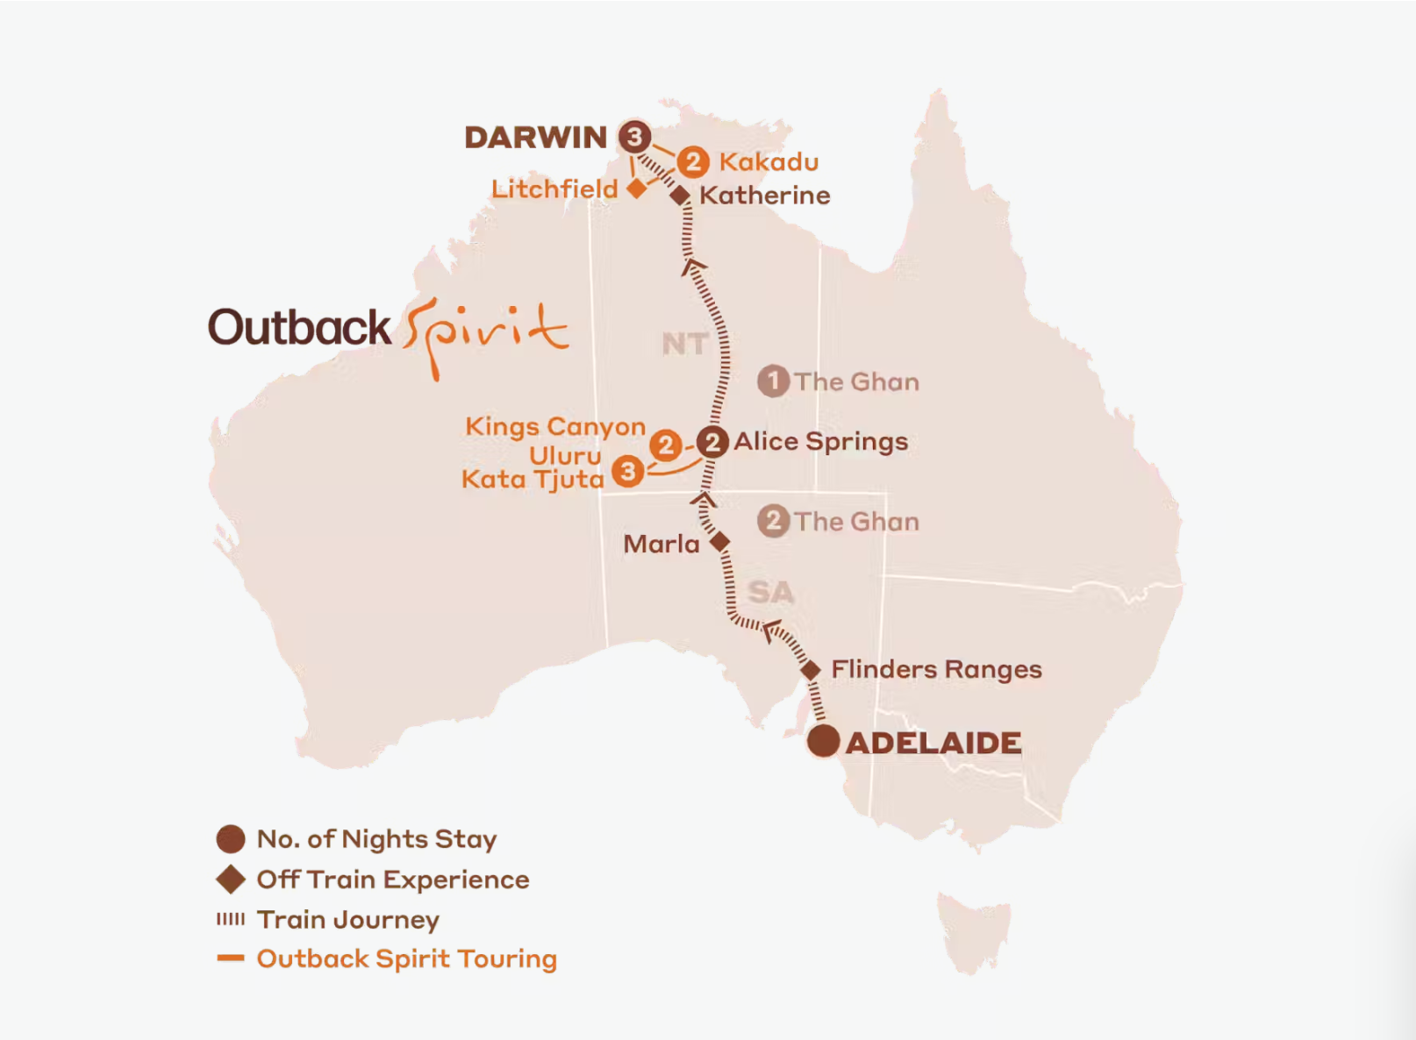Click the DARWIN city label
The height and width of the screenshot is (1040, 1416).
pyautogui.click(x=535, y=138)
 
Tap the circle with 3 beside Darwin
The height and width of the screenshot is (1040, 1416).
pyautogui.click(x=634, y=137)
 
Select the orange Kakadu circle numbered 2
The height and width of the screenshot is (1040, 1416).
pyautogui.click(x=693, y=161)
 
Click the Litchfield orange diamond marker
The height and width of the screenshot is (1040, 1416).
pyautogui.click(x=637, y=188)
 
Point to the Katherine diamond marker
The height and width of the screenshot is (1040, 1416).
pyautogui.click(x=680, y=196)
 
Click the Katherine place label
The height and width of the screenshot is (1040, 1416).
pyautogui.click(x=764, y=196)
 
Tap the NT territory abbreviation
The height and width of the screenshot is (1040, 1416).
pyautogui.click(x=684, y=344)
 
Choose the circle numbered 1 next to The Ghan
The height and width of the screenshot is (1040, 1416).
pyautogui.click(x=773, y=381)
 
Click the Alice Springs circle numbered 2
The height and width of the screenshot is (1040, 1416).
pyautogui.click(x=712, y=442)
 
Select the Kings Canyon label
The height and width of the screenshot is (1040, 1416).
pyautogui.click(x=554, y=427)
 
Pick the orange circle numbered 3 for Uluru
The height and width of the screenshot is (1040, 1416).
pyautogui.click(x=628, y=472)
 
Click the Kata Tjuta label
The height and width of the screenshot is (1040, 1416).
pyautogui.click(x=533, y=480)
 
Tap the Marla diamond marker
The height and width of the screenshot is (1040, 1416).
pyautogui.click(x=719, y=542)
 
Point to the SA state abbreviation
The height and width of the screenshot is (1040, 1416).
pyautogui.click(x=770, y=593)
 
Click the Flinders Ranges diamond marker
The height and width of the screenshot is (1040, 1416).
pyautogui.click(x=811, y=670)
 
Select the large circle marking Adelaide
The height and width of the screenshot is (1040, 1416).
pyautogui.click(x=823, y=742)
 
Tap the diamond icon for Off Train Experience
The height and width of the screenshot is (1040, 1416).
pyautogui.click(x=231, y=880)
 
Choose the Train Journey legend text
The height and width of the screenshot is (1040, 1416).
pyautogui.click(x=347, y=920)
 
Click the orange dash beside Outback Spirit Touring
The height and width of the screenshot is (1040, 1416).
pyautogui.click(x=231, y=958)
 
